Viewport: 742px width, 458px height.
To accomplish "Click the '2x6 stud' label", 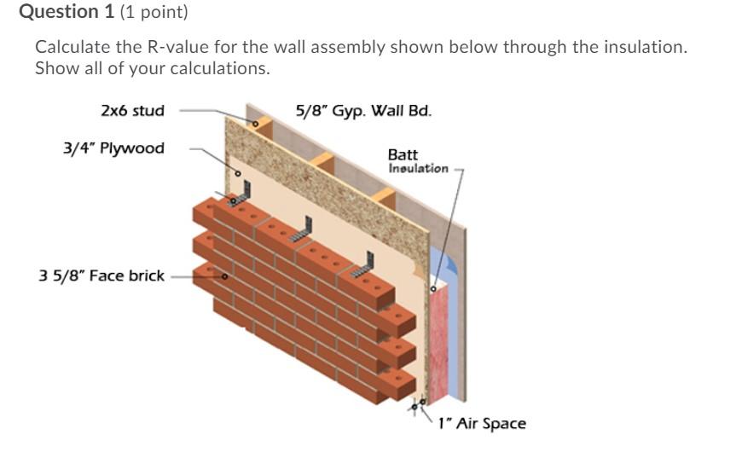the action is (x=132, y=110).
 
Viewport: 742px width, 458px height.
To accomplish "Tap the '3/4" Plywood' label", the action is (x=113, y=148).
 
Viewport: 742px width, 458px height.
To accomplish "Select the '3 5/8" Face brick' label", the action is (x=101, y=275).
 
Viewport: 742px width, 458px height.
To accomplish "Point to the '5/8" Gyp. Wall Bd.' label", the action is (x=363, y=110).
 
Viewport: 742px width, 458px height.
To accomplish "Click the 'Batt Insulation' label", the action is (x=417, y=161).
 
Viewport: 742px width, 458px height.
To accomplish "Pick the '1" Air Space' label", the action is (x=482, y=423).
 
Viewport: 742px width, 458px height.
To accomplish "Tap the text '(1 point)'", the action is (x=154, y=12).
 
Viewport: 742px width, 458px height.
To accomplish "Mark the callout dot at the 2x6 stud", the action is (x=253, y=124).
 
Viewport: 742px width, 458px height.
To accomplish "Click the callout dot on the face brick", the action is (x=224, y=276).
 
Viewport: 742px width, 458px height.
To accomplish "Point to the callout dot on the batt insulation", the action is (x=432, y=288).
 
